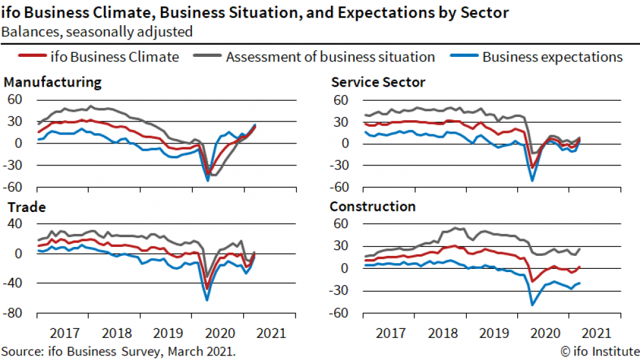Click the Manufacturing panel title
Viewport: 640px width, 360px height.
point(52,82)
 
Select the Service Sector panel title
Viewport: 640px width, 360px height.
point(378,82)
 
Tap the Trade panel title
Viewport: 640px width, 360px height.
point(25,207)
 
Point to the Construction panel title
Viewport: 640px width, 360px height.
point(372,207)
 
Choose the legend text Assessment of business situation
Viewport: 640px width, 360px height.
point(330,57)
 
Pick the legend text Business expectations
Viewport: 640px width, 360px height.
point(552,57)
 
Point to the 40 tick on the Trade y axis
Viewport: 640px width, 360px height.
point(15,224)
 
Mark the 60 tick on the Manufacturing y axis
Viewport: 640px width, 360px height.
point(15,100)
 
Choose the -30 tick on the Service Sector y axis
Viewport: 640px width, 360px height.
point(338,165)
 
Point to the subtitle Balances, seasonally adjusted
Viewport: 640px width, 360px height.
point(98,30)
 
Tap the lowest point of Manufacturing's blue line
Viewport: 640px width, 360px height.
point(208,180)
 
